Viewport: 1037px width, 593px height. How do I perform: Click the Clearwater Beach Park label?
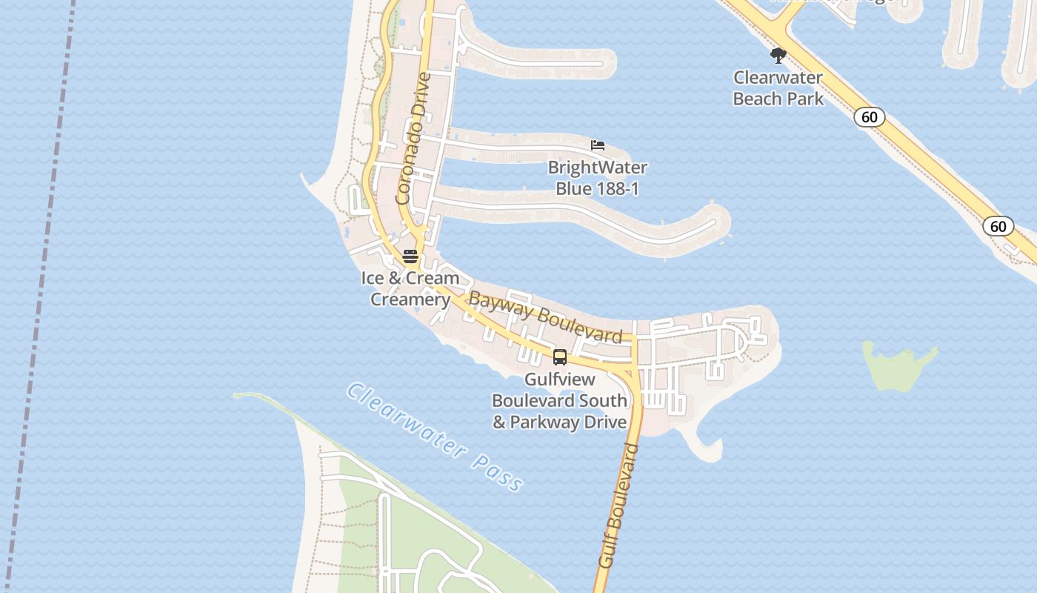tap(778, 87)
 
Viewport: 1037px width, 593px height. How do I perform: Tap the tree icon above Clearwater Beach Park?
tap(778, 55)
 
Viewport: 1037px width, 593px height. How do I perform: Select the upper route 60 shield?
tap(869, 117)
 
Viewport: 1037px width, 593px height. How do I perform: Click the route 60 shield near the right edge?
tap(998, 226)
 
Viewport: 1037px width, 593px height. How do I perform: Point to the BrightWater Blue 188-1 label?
tap(597, 178)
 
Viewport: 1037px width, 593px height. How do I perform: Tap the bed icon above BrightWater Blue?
tap(598, 145)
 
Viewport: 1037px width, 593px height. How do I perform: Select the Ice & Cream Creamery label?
tap(410, 288)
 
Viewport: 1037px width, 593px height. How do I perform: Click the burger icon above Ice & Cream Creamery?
tap(410, 256)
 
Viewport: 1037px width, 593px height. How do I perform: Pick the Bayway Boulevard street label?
tap(545, 317)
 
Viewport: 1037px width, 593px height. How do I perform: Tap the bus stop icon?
tap(560, 357)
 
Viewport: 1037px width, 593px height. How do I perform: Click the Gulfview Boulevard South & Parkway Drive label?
tap(559, 400)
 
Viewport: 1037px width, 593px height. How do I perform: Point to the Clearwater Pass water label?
tap(436, 437)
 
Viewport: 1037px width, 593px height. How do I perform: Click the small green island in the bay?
tap(898, 367)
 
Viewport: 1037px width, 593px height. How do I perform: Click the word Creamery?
tap(410, 299)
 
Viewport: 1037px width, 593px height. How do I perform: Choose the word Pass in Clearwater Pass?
tap(496, 473)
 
